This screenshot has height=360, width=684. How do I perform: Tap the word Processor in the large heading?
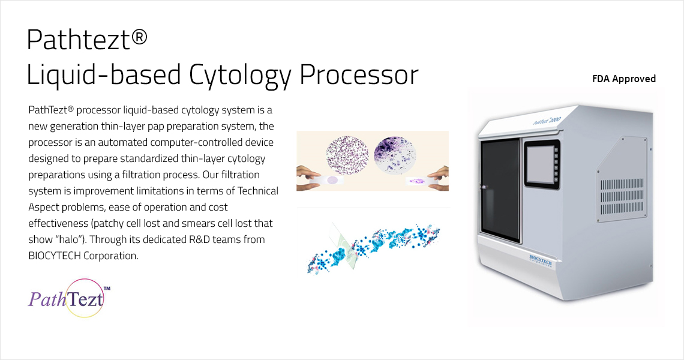tap(359, 75)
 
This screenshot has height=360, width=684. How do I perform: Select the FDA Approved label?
tap(624, 79)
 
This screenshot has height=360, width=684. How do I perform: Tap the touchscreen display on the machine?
tap(541, 163)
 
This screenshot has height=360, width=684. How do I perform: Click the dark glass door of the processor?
tap(500, 190)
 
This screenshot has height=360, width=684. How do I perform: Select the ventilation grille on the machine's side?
tap(622, 196)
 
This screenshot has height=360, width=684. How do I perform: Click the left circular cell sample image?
tap(347, 155)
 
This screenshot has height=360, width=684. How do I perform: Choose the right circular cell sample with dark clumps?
tap(395, 155)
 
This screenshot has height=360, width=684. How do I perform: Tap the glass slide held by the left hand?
tap(327, 180)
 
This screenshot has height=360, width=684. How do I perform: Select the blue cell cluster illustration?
tap(374, 247)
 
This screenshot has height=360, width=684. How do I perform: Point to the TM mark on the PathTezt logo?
tap(107, 289)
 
